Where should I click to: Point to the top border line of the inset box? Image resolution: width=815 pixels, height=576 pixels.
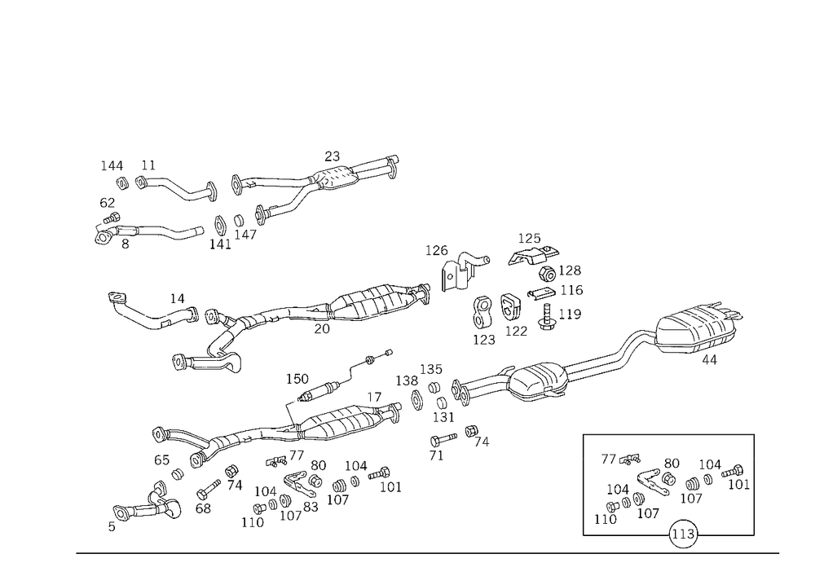[668, 435]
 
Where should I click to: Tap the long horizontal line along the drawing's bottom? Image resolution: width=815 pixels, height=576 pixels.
[424, 552]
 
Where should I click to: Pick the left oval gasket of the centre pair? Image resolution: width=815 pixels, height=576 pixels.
[482, 308]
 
